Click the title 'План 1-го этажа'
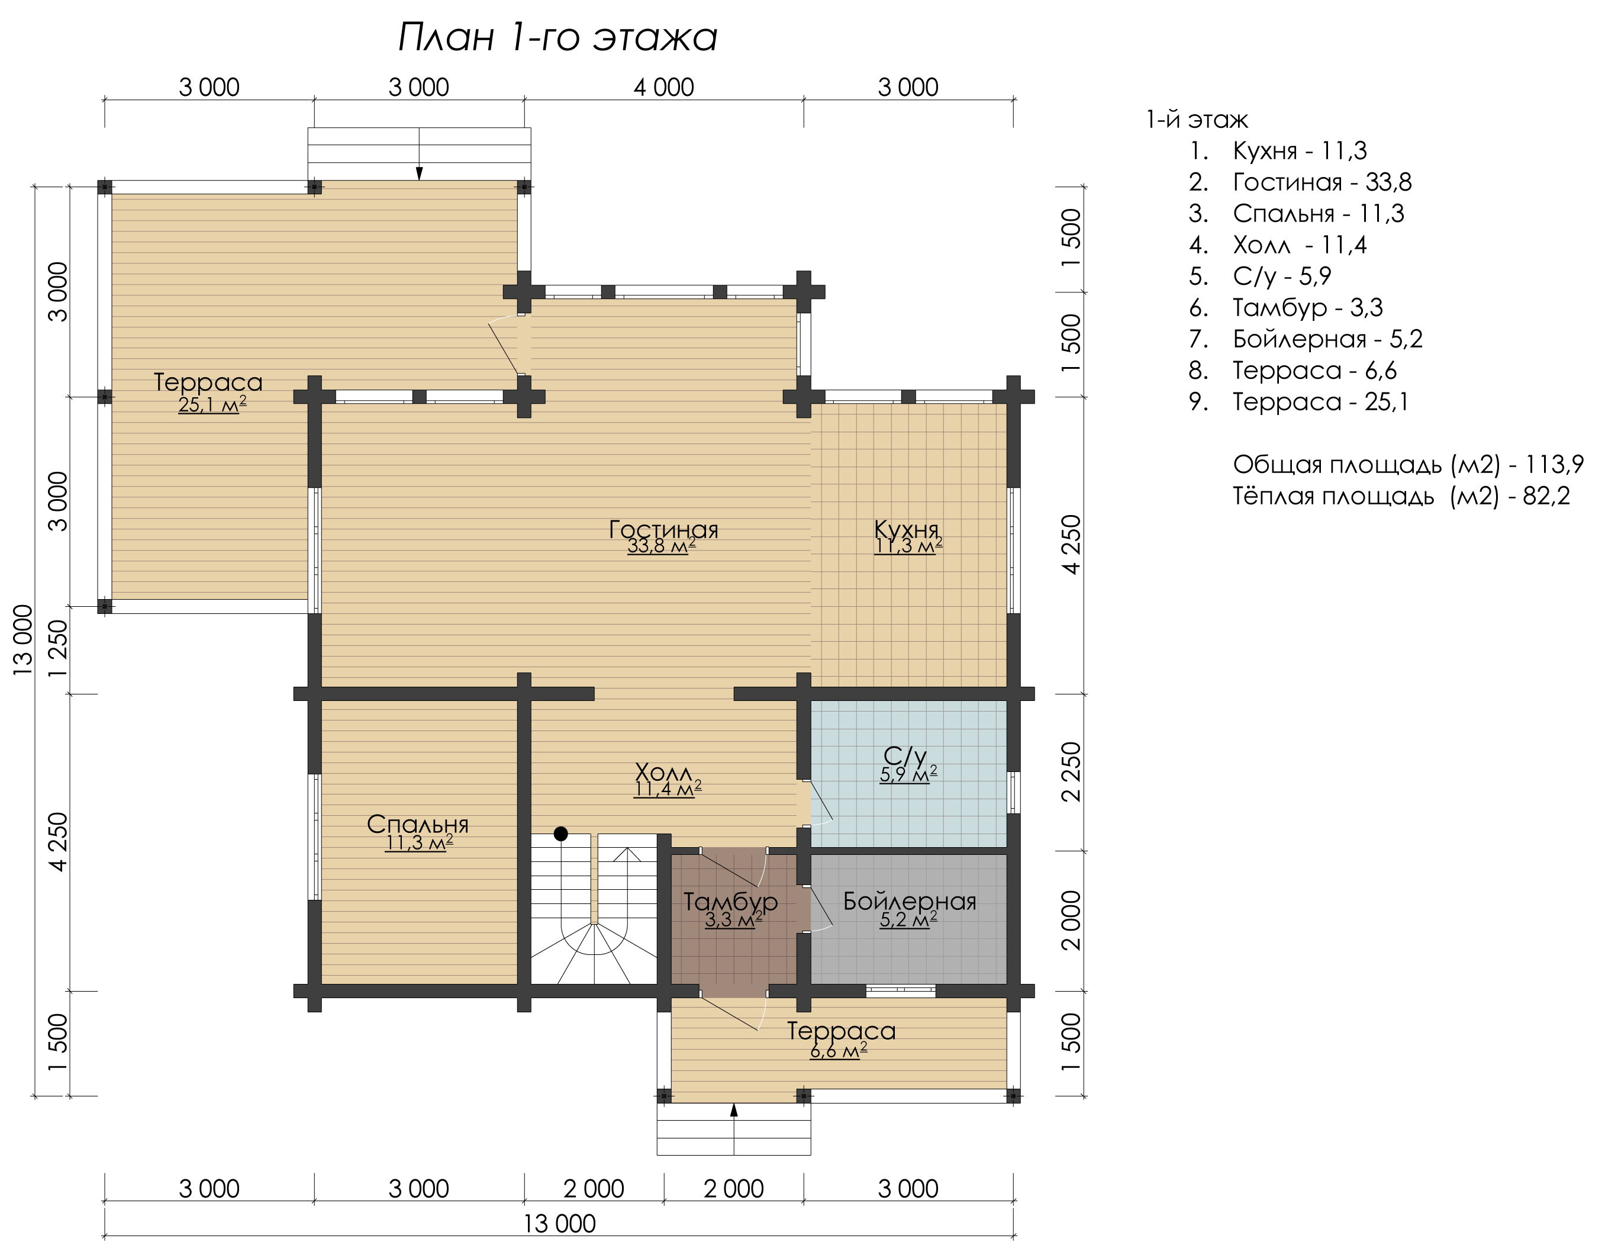(557, 37)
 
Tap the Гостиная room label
(663, 529)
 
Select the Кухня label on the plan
(907, 529)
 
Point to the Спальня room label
(417, 824)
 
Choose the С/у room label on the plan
(905, 755)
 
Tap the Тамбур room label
(730, 902)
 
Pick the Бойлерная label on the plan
(910, 901)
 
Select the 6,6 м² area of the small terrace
(839, 1050)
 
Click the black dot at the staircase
(560, 834)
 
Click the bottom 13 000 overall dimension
(559, 1224)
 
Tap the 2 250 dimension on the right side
(1072, 772)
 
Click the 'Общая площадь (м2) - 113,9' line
(1408, 465)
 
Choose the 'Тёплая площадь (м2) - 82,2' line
(1401, 496)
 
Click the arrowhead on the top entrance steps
(419, 173)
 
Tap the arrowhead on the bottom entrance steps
(733, 1111)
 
